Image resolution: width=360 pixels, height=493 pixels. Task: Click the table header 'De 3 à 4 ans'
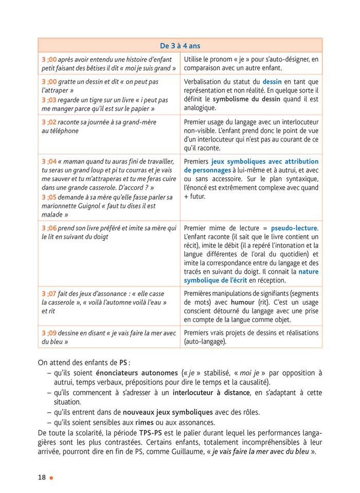point(180,46)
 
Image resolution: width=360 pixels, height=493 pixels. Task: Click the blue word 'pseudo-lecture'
point(294,228)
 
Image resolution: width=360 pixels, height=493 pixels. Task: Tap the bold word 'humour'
point(243,302)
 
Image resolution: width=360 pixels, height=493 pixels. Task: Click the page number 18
point(42,477)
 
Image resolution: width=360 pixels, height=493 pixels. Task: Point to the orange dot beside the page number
point(51,478)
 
